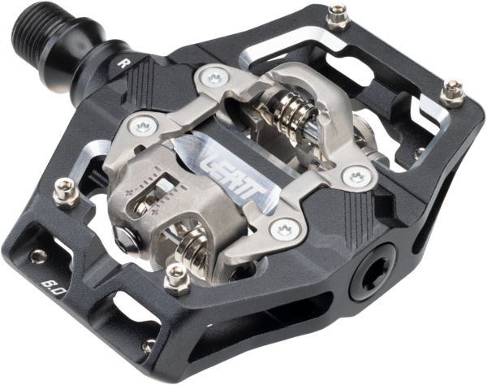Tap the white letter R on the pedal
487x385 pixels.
tap(122, 63)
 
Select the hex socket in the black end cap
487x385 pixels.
tap(376, 272)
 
